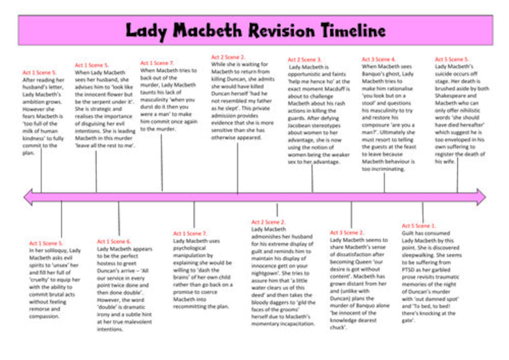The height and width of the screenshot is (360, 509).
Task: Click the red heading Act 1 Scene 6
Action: coord(114,241)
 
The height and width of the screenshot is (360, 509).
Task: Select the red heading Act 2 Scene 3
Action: coord(304,60)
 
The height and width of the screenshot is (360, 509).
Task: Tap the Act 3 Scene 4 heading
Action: coord(379,59)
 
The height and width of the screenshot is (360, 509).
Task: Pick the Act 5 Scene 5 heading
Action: coord(452,59)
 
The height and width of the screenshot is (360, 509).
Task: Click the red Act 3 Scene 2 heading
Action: coord(347,233)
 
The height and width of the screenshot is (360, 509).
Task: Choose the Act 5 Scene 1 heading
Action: coord(419,225)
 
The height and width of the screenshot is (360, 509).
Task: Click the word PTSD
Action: coord(409,270)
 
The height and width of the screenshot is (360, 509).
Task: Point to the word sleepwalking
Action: coord(417,255)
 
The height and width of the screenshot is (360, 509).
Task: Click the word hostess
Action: coord(108,263)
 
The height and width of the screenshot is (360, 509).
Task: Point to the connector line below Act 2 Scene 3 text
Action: coord(312,178)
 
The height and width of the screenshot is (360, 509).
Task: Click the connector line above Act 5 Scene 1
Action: coord(422,212)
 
